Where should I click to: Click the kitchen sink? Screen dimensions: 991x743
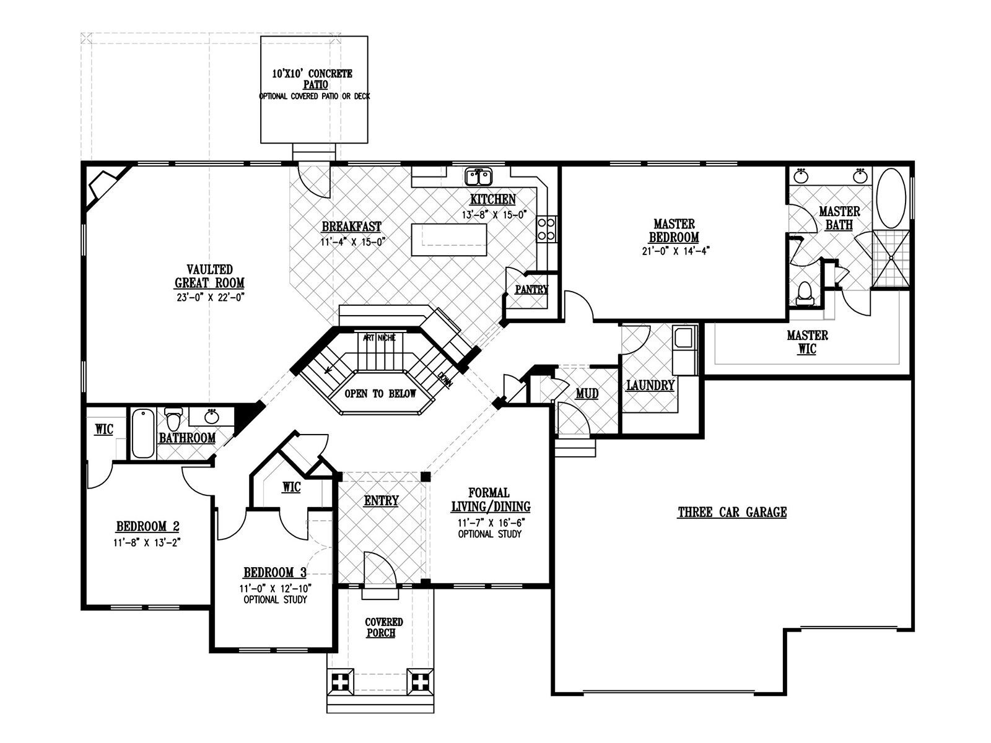(x=478, y=177)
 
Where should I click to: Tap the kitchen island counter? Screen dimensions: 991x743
(x=449, y=240)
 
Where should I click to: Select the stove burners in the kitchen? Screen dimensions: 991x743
(x=546, y=229)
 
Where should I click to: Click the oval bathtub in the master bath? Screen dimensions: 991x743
(x=891, y=199)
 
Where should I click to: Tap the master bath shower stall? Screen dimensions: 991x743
(x=891, y=258)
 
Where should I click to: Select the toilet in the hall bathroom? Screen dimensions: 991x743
(x=173, y=419)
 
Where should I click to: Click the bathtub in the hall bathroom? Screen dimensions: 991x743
(x=143, y=433)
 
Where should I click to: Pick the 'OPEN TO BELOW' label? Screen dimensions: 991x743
(x=380, y=394)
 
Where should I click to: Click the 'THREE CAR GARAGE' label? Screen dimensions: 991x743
(x=732, y=512)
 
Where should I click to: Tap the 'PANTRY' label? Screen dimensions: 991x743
(x=531, y=290)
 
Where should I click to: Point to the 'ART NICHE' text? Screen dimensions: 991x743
(x=379, y=337)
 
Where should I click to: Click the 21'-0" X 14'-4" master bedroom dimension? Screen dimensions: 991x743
(x=676, y=251)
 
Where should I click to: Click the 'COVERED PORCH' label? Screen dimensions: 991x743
(x=383, y=627)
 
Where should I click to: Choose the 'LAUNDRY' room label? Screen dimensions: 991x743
(x=650, y=385)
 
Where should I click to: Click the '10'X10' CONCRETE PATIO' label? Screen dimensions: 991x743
(x=312, y=79)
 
